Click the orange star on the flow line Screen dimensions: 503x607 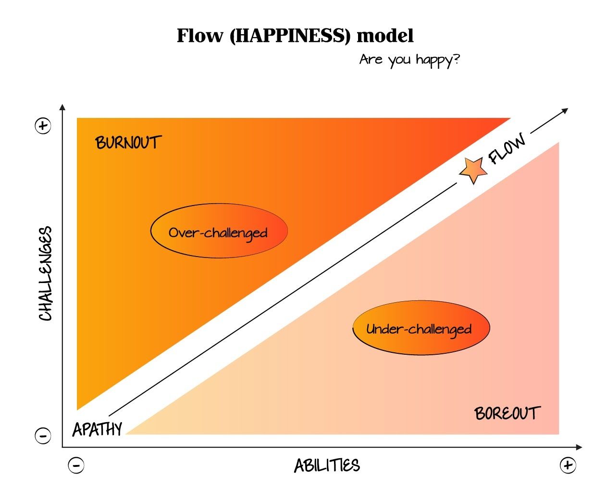click(x=472, y=169)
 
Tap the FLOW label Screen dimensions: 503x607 click(x=507, y=149)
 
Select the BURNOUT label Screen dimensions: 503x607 click(x=128, y=142)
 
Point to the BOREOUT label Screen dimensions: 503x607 click(x=507, y=413)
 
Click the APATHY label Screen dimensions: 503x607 click(x=98, y=429)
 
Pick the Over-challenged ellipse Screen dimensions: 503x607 click(x=219, y=231)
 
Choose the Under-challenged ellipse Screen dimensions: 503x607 click(x=421, y=328)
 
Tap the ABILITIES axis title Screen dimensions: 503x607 click(x=327, y=465)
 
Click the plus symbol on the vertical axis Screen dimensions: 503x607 click(x=43, y=126)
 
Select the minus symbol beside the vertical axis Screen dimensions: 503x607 click(x=43, y=436)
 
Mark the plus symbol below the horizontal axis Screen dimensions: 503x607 click(x=568, y=465)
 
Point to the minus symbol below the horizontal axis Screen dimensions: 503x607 click(x=76, y=465)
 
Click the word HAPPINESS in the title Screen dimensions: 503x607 click(x=290, y=36)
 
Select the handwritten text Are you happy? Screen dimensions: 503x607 click(x=409, y=60)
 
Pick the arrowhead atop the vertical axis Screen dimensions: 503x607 click(x=62, y=107)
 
